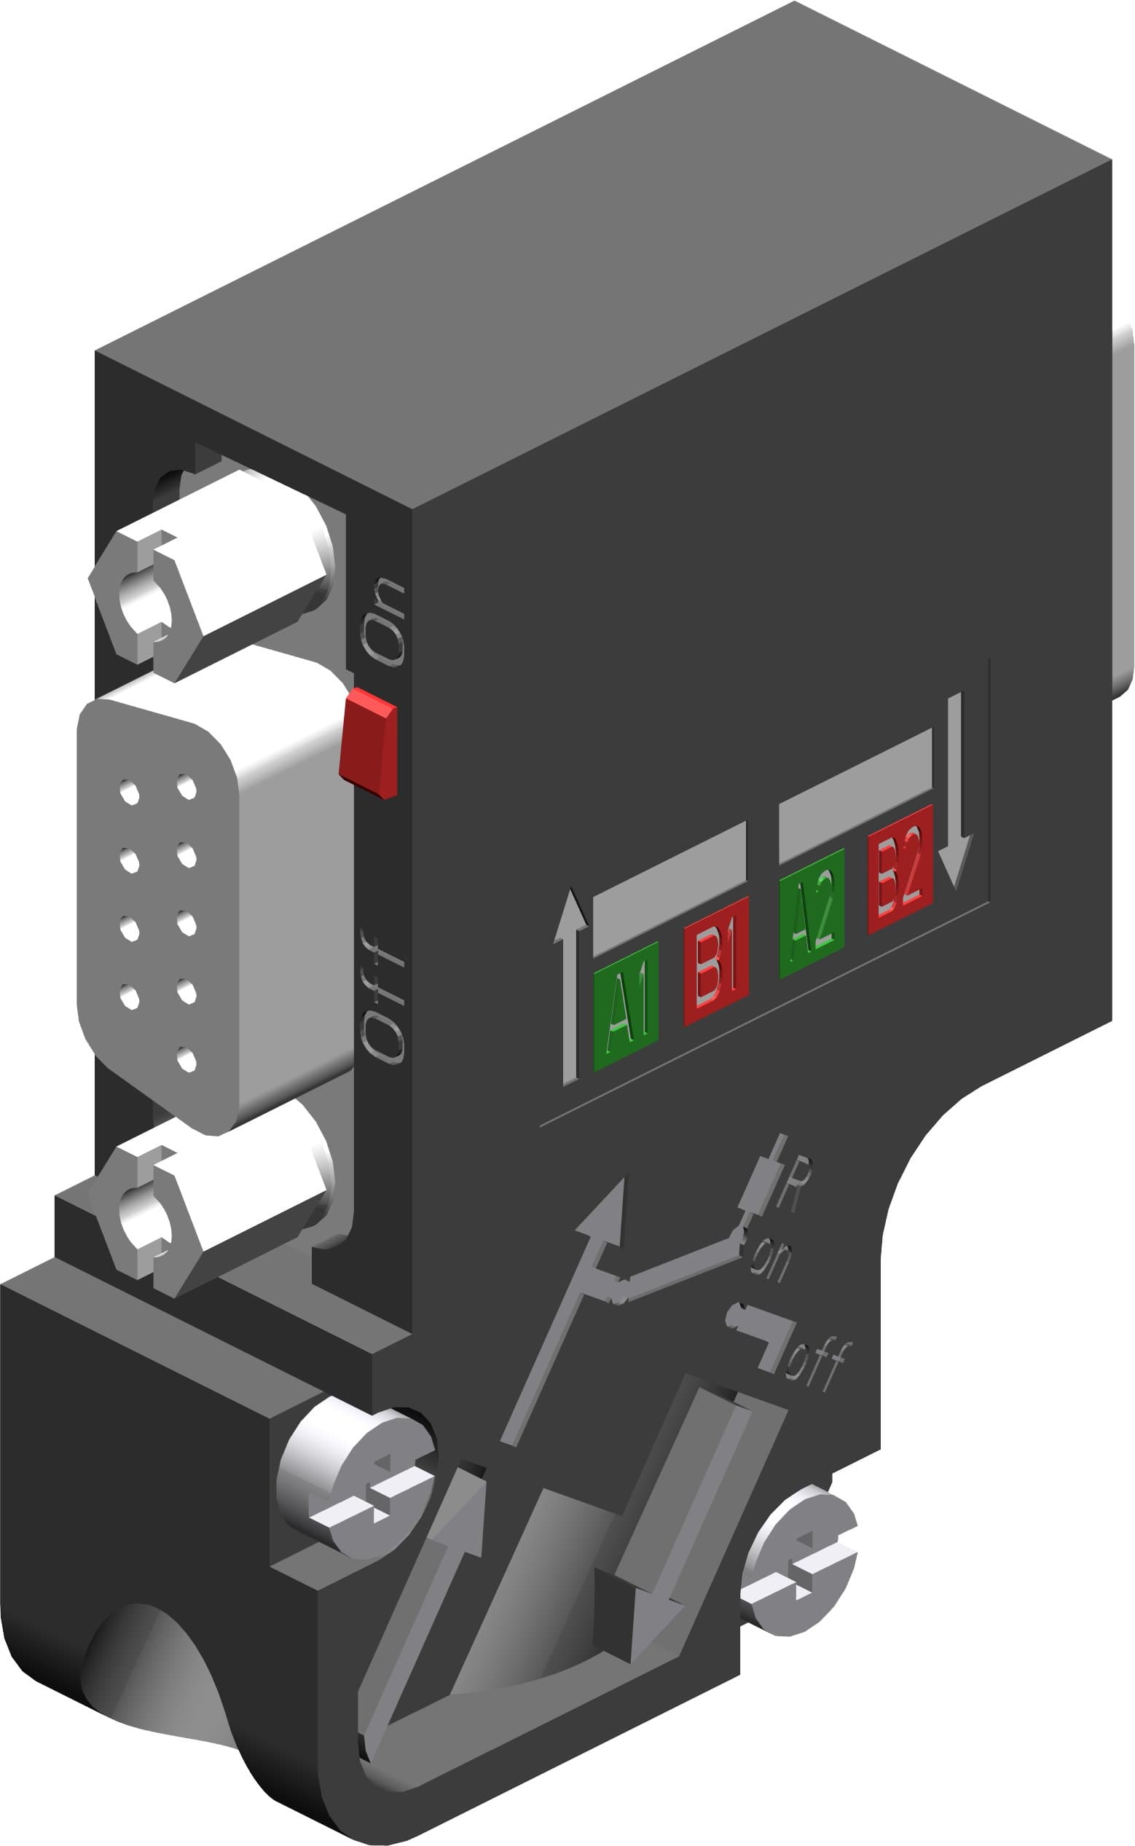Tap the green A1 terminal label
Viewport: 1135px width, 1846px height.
(x=626, y=1005)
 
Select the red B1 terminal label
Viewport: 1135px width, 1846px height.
(x=716, y=961)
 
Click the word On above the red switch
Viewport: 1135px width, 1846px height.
(x=384, y=621)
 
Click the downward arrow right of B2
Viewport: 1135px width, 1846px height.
(x=956, y=788)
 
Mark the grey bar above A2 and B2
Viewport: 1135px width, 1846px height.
(x=856, y=796)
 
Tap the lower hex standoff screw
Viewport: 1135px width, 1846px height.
(x=150, y=1217)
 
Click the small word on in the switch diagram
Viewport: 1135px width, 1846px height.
(x=771, y=1260)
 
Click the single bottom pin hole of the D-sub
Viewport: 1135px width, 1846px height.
(x=187, y=1059)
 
